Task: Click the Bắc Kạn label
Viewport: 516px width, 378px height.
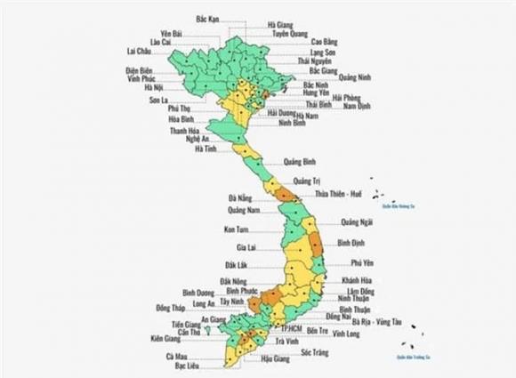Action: pyautogui.click(x=208, y=17)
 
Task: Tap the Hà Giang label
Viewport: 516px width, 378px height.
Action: pyautogui.click(x=283, y=24)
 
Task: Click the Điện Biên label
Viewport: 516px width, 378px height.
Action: pyautogui.click(x=140, y=69)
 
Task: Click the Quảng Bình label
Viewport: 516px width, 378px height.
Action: pyautogui.click(x=301, y=162)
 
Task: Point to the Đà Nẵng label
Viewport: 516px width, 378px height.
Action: pyautogui.click(x=239, y=197)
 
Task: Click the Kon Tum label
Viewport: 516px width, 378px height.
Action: pyautogui.click(x=236, y=229)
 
